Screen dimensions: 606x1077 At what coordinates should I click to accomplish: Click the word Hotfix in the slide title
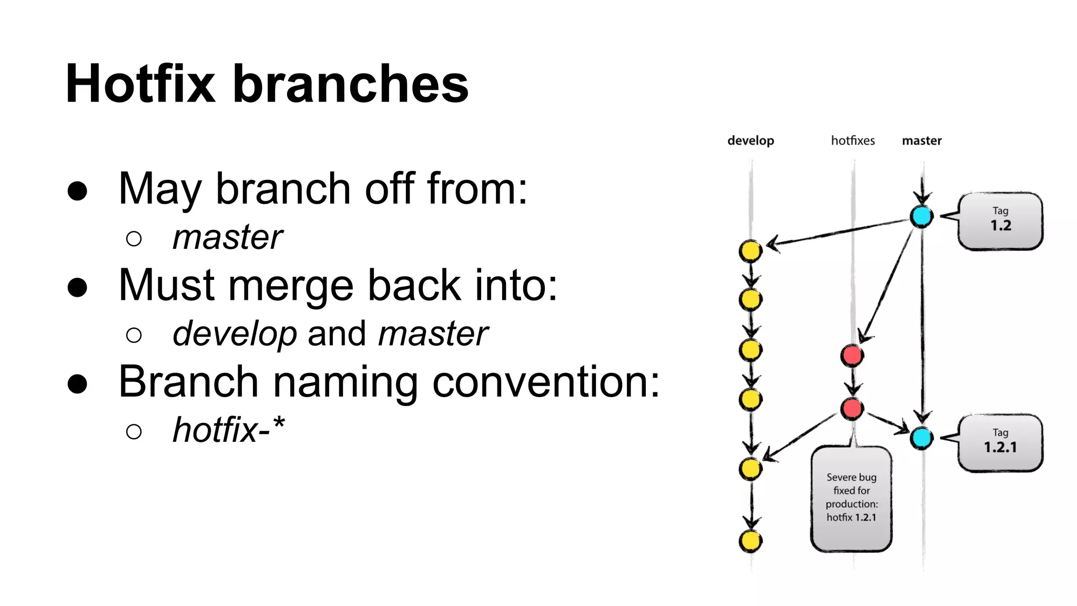(x=140, y=84)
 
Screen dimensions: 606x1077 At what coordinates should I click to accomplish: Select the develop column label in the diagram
(x=750, y=141)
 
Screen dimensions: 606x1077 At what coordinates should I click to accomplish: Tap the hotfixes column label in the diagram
(x=852, y=140)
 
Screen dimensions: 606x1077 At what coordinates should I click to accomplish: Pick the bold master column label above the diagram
(x=921, y=140)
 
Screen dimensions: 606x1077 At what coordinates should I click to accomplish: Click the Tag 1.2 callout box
(x=1000, y=220)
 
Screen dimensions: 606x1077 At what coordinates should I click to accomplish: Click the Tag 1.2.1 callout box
(x=1000, y=442)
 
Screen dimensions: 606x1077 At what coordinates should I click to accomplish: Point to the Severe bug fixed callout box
(x=851, y=498)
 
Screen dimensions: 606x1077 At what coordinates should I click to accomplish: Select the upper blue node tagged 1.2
(x=921, y=216)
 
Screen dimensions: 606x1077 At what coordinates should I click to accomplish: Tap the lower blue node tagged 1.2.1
(x=921, y=438)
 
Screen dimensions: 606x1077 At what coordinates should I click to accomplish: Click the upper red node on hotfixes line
(x=852, y=356)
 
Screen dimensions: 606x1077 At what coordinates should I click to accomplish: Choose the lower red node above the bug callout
(x=852, y=408)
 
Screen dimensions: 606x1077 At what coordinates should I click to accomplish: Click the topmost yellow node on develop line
(x=750, y=251)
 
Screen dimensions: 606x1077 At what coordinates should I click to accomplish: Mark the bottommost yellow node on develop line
(x=750, y=541)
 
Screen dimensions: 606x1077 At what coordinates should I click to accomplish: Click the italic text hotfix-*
(x=228, y=430)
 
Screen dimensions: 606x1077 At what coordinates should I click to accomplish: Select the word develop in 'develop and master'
(x=235, y=334)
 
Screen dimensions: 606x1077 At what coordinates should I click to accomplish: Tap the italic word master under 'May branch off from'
(x=227, y=237)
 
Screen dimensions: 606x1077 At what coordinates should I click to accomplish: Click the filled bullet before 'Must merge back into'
(x=77, y=287)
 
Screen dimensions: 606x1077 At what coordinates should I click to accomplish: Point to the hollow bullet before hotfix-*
(x=134, y=432)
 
